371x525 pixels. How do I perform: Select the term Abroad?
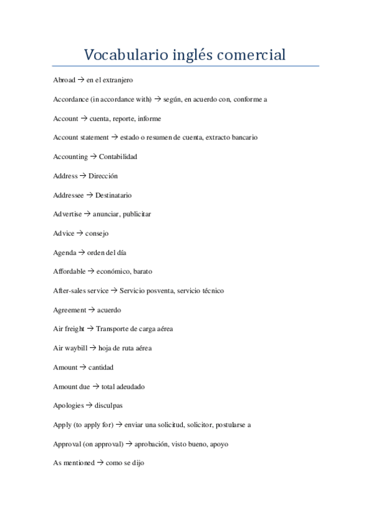click(x=64, y=80)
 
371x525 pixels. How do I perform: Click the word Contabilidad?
click(x=118, y=157)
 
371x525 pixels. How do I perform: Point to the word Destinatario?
click(x=113, y=195)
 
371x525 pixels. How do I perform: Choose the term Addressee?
click(x=69, y=195)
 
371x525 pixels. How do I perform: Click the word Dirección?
click(x=103, y=176)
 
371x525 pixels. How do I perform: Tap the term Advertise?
click(x=68, y=214)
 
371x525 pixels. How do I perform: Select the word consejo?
click(x=97, y=233)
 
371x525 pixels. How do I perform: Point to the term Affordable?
click(x=69, y=272)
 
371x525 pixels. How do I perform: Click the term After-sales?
click(x=70, y=291)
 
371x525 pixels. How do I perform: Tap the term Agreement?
click(x=70, y=310)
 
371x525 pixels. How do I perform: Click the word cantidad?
click(x=101, y=367)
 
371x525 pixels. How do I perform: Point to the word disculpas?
click(x=108, y=406)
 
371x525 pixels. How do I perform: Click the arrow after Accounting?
click(x=94, y=157)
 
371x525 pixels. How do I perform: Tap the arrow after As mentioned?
click(x=100, y=462)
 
